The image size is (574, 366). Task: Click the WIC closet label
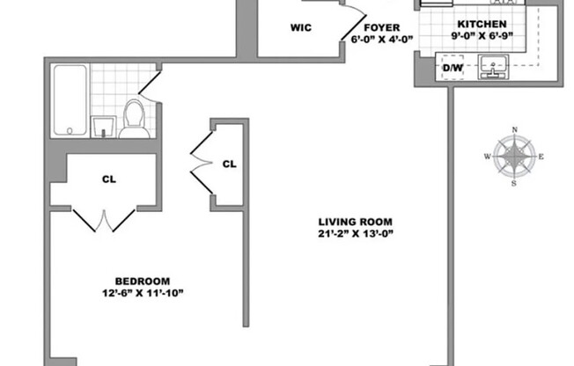point(301,26)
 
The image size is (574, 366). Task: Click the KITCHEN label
point(481,23)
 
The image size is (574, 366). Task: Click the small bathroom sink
point(105,125)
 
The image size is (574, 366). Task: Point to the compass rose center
point(513,156)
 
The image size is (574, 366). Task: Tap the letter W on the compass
point(486,157)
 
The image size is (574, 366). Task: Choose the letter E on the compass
point(541,157)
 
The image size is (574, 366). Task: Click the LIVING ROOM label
point(356,221)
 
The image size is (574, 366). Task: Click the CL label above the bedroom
point(108,179)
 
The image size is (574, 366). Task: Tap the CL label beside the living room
point(229,164)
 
